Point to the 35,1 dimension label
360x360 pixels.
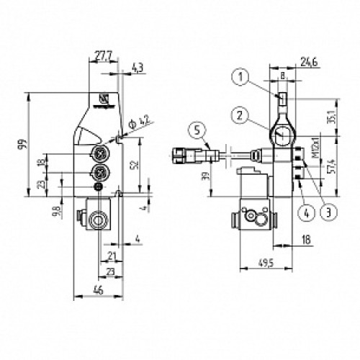[x=332, y=116]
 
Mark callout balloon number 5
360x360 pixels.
[x=198, y=130]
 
